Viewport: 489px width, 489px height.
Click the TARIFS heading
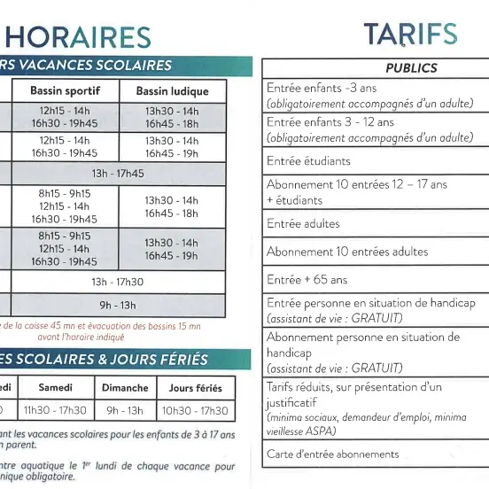pyautogui.click(x=410, y=35)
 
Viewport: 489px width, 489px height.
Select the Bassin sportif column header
pyautogui.click(x=65, y=91)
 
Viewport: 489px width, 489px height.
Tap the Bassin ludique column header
pyautogui.click(x=172, y=91)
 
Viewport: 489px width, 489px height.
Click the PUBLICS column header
pyautogui.click(x=411, y=68)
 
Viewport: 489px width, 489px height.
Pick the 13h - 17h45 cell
pyautogui.click(x=118, y=174)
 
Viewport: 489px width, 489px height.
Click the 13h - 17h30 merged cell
pyautogui.click(x=118, y=283)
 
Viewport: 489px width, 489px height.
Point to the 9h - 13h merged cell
pyautogui.click(x=118, y=306)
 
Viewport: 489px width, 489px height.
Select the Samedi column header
pyautogui.click(x=55, y=388)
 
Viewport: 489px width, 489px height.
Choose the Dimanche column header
pyautogui.click(x=125, y=388)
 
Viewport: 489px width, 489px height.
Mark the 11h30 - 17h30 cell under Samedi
pyautogui.click(x=55, y=411)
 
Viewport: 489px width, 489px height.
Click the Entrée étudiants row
pyautogui.click(x=309, y=161)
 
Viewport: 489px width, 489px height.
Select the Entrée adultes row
pyautogui.click(x=303, y=224)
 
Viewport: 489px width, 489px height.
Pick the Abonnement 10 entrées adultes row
pyautogui.click(x=335, y=252)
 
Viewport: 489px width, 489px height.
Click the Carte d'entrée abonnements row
pyautogui.click(x=333, y=454)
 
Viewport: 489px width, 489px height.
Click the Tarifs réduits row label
pyautogui.click(x=354, y=387)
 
